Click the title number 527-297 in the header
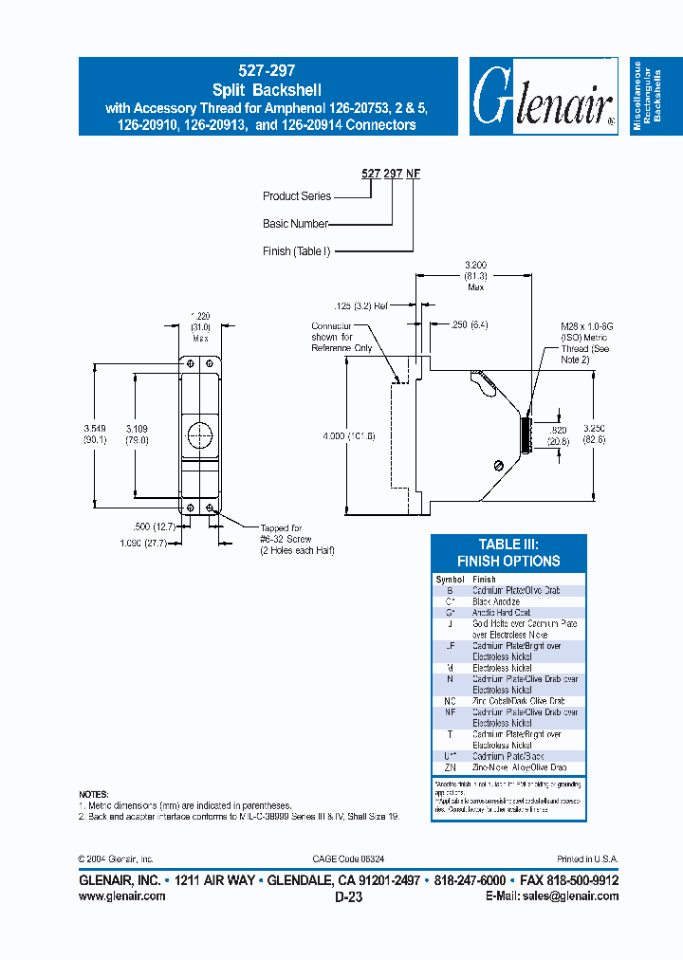267,70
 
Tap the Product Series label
297,196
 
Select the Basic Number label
295,224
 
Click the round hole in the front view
199,436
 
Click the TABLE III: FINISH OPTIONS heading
508,552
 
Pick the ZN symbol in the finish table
450,766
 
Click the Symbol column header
450,579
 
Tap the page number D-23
348,895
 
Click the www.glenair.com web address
121,895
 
